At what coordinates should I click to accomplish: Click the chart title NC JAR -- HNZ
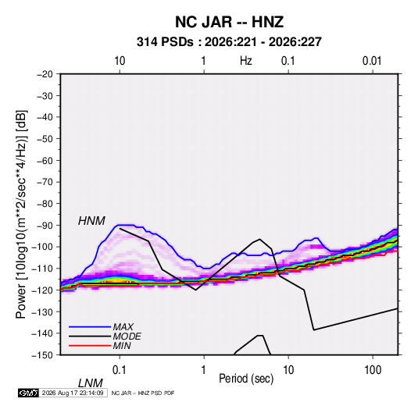[229, 22]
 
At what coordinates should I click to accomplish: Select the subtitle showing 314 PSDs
[229, 42]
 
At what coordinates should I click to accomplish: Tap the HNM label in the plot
[91, 221]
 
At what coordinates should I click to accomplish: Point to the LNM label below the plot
[90, 383]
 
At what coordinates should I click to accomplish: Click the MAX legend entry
[123, 326]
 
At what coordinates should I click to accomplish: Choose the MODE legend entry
[127, 336]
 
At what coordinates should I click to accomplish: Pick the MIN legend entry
[122, 346]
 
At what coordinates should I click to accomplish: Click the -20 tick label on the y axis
[45, 74]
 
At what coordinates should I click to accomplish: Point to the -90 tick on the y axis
[45, 226]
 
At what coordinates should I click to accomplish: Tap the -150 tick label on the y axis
[42, 355]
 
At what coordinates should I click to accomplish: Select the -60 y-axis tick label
[45, 160]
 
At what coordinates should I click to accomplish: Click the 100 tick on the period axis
[373, 370]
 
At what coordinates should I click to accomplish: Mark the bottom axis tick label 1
[204, 370]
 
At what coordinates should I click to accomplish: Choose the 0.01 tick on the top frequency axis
[372, 61]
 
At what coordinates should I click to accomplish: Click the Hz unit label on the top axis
[246, 61]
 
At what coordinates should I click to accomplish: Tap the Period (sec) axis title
[246, 379]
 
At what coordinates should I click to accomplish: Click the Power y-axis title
[21, 215]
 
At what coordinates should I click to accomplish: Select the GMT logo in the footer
[28, 393]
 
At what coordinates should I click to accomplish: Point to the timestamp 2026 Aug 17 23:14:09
[73, 393]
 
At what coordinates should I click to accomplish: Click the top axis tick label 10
[120, 61]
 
